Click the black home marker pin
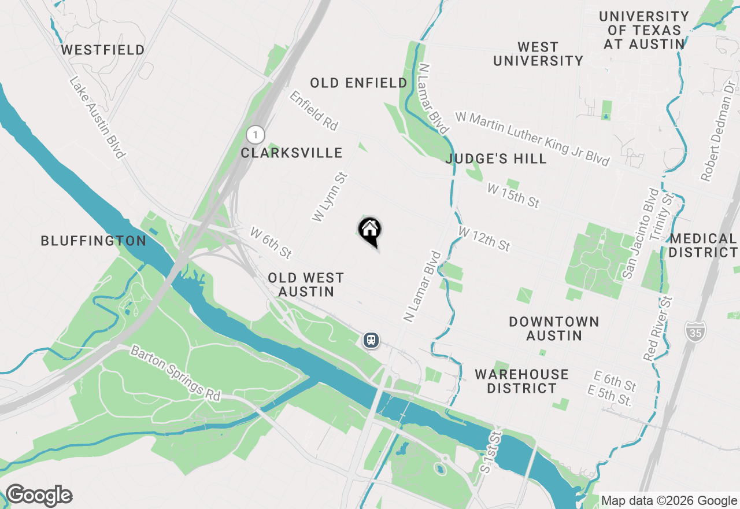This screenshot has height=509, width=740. tap(370, 231)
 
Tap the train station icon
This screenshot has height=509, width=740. tap(371, 340)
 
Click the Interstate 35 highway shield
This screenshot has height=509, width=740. tap(694, 331)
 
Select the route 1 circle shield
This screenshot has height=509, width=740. tap(255, 135)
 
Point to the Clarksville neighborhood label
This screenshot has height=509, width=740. tap(291, 153)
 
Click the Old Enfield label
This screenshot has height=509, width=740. tap(358, 83)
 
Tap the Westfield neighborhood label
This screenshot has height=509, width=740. tap(103, 50)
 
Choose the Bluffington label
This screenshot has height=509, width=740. tap(94, 241)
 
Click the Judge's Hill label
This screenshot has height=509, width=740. tap(497, 158)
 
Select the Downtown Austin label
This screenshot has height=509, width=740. tap(554, 329)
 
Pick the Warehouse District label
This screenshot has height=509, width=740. tap(521, 381)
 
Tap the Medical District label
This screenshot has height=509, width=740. tap(703, 245)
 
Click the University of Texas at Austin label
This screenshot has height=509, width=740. tap(644, 30)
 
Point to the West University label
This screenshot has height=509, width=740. tap(538, 54)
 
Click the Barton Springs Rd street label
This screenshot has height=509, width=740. tap(175, 373)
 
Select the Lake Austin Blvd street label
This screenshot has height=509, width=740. tap(97, 118)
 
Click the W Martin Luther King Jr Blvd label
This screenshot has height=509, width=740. tap(532, 139)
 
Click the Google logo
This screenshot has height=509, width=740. tap(39, 496)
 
